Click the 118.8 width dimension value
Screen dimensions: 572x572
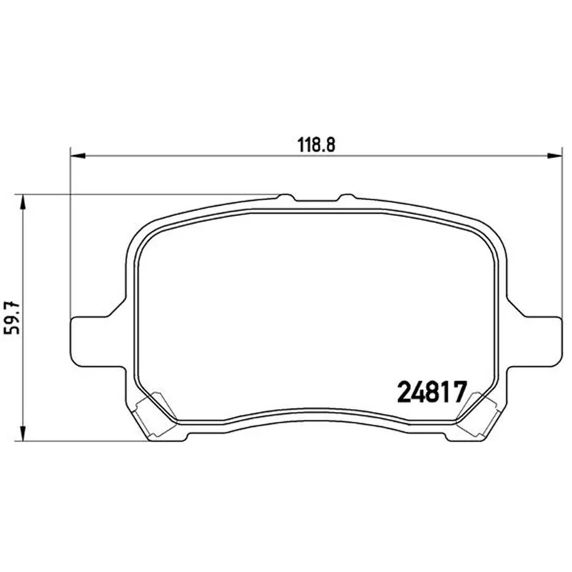[316, 145]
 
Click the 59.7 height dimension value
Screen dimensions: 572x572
[11, 317]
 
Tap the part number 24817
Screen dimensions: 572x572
[432, 392]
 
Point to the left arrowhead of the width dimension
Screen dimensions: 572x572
[77, 156]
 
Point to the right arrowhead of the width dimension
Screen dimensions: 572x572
[555, 156]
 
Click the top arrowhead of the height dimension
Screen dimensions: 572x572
[23, 202]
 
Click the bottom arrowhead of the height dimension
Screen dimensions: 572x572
[23, 433]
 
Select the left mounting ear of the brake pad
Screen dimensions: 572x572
[97, 342]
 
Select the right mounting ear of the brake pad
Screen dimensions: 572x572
[534, 342]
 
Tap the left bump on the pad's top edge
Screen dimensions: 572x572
[286, 197]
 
